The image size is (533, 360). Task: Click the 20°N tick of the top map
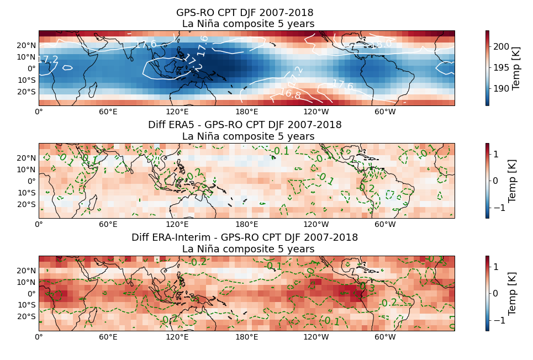27,45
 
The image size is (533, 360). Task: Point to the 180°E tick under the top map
247,112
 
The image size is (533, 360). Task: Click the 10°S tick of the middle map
27,193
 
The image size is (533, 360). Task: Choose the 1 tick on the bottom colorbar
495,267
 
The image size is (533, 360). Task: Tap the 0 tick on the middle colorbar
495,181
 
